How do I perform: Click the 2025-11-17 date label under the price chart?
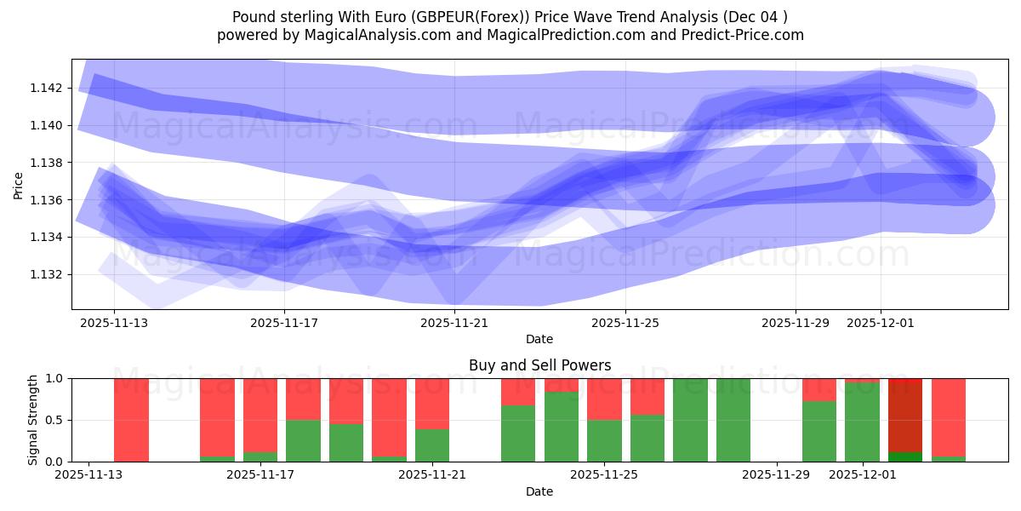[x=284, y=323]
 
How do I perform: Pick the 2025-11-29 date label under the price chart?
[x=796, y=323]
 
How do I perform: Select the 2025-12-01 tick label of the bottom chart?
[x=863, y=475]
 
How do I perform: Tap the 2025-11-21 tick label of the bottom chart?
[x=432, y=475]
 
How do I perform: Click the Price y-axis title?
[x=19, y=185]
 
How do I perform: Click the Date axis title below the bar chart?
[x=539, y=491]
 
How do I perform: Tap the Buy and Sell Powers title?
[x=539, y=365]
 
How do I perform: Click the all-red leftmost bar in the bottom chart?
[x=131, y=420]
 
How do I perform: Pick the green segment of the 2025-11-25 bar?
[x=604, y=440]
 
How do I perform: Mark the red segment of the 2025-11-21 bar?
[x=432, y=403]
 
